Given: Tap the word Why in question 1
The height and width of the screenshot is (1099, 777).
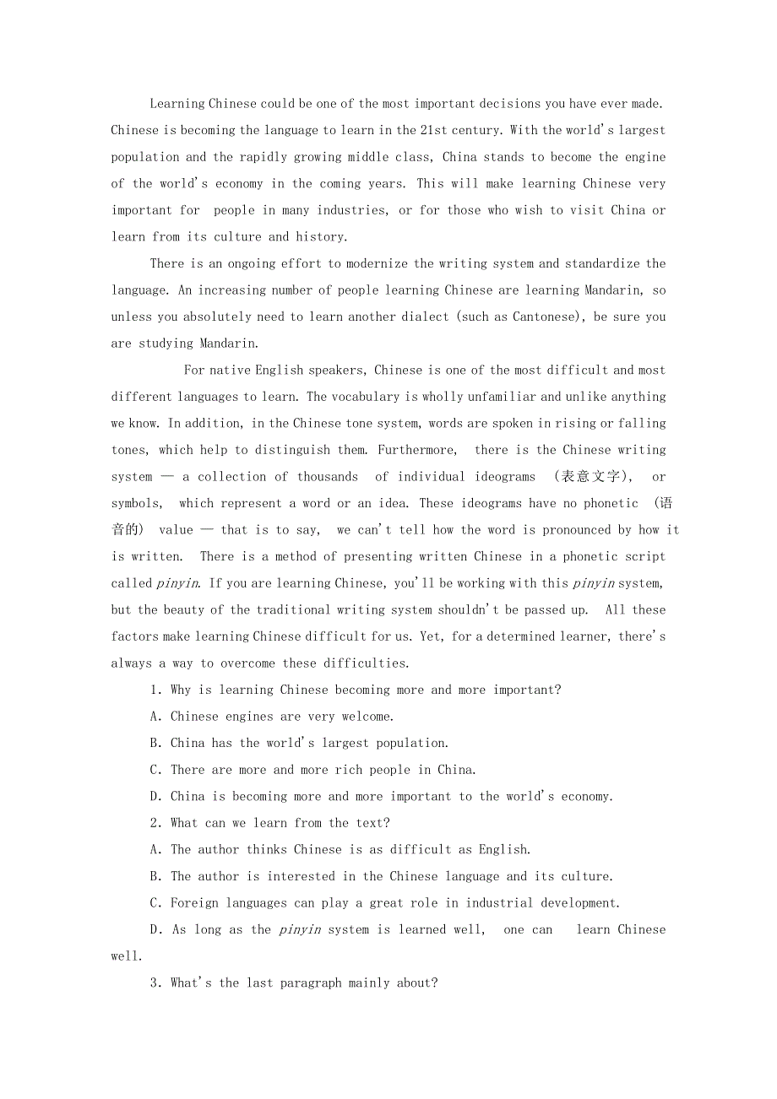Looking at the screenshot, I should pos(181,690).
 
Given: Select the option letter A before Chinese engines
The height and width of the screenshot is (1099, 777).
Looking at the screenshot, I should pos(155,717).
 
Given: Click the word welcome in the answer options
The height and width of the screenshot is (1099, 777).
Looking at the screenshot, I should pos(366,717).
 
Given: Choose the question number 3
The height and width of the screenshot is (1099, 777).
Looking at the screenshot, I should pos(155,983).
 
